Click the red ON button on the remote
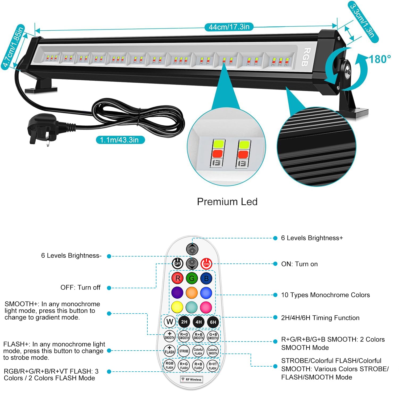coord(206,264)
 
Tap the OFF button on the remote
coord(177,264)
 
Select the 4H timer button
coord(198,322)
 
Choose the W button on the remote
coord(170,322)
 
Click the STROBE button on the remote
coord(184,351)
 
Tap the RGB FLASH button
coord(169,365)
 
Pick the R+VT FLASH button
coord(213,366)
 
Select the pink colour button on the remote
coord(206,307)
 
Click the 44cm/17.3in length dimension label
coord(229,27)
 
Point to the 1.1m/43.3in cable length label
coord(120,140)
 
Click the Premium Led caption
coord(227,202)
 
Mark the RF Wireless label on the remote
coord(192,379)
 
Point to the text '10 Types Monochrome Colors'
coord(325,295)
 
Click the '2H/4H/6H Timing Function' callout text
coord(320,318)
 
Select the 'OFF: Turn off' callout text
coord(80,287)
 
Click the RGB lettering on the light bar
coord(306,57)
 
